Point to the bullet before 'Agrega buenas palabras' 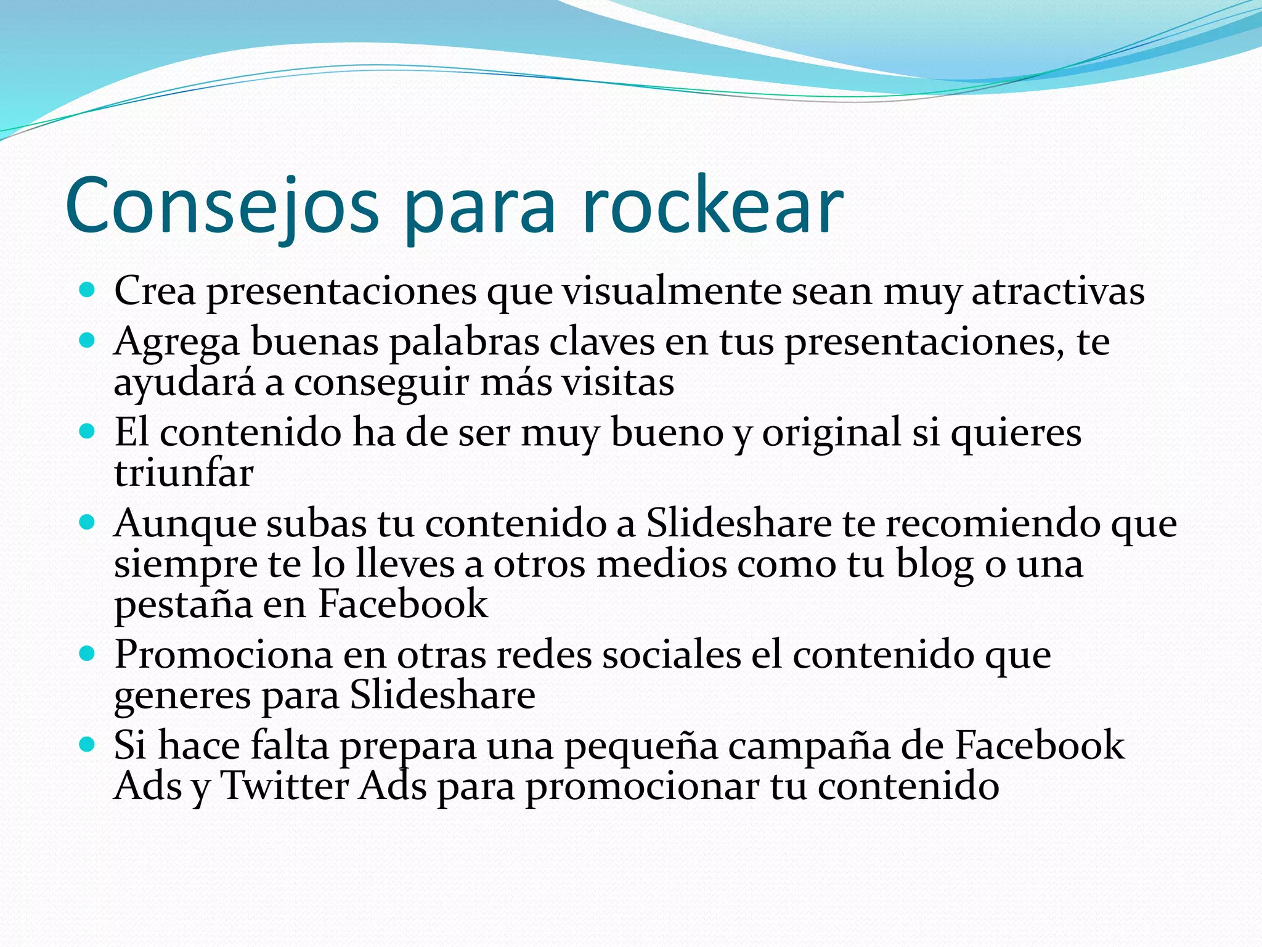point(88,340)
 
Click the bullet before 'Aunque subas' point(88,522)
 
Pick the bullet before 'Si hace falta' point(88,744)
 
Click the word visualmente point(672,291)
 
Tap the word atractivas point(1058,291)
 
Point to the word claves point(601,342)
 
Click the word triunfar point(184,473)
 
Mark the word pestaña point(183,605)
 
